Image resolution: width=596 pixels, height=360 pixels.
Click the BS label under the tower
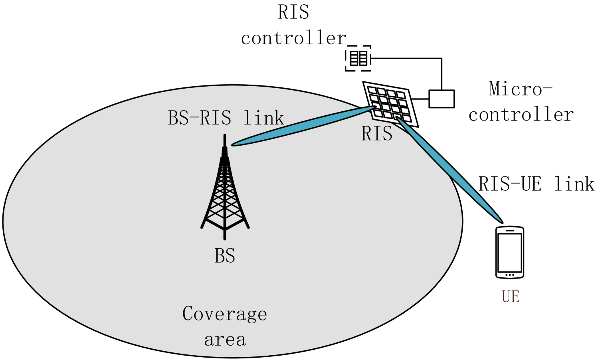225,256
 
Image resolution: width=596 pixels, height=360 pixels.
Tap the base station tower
225,192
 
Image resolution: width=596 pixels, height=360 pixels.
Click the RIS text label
377,134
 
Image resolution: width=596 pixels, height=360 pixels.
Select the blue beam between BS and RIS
303,126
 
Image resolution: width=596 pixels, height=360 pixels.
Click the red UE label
511,297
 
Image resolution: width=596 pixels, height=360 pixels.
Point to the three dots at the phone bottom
510,275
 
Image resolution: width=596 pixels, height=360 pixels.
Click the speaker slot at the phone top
510,230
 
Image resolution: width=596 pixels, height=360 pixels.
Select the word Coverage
224,314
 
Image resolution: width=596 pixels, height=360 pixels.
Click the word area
225,340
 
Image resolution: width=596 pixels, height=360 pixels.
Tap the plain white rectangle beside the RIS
442,99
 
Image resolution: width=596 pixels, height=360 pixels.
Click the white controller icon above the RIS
358,59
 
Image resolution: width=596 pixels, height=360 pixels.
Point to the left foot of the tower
202,227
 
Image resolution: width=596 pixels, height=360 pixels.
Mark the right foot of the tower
248,227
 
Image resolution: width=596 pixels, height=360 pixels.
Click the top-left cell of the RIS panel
372,90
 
